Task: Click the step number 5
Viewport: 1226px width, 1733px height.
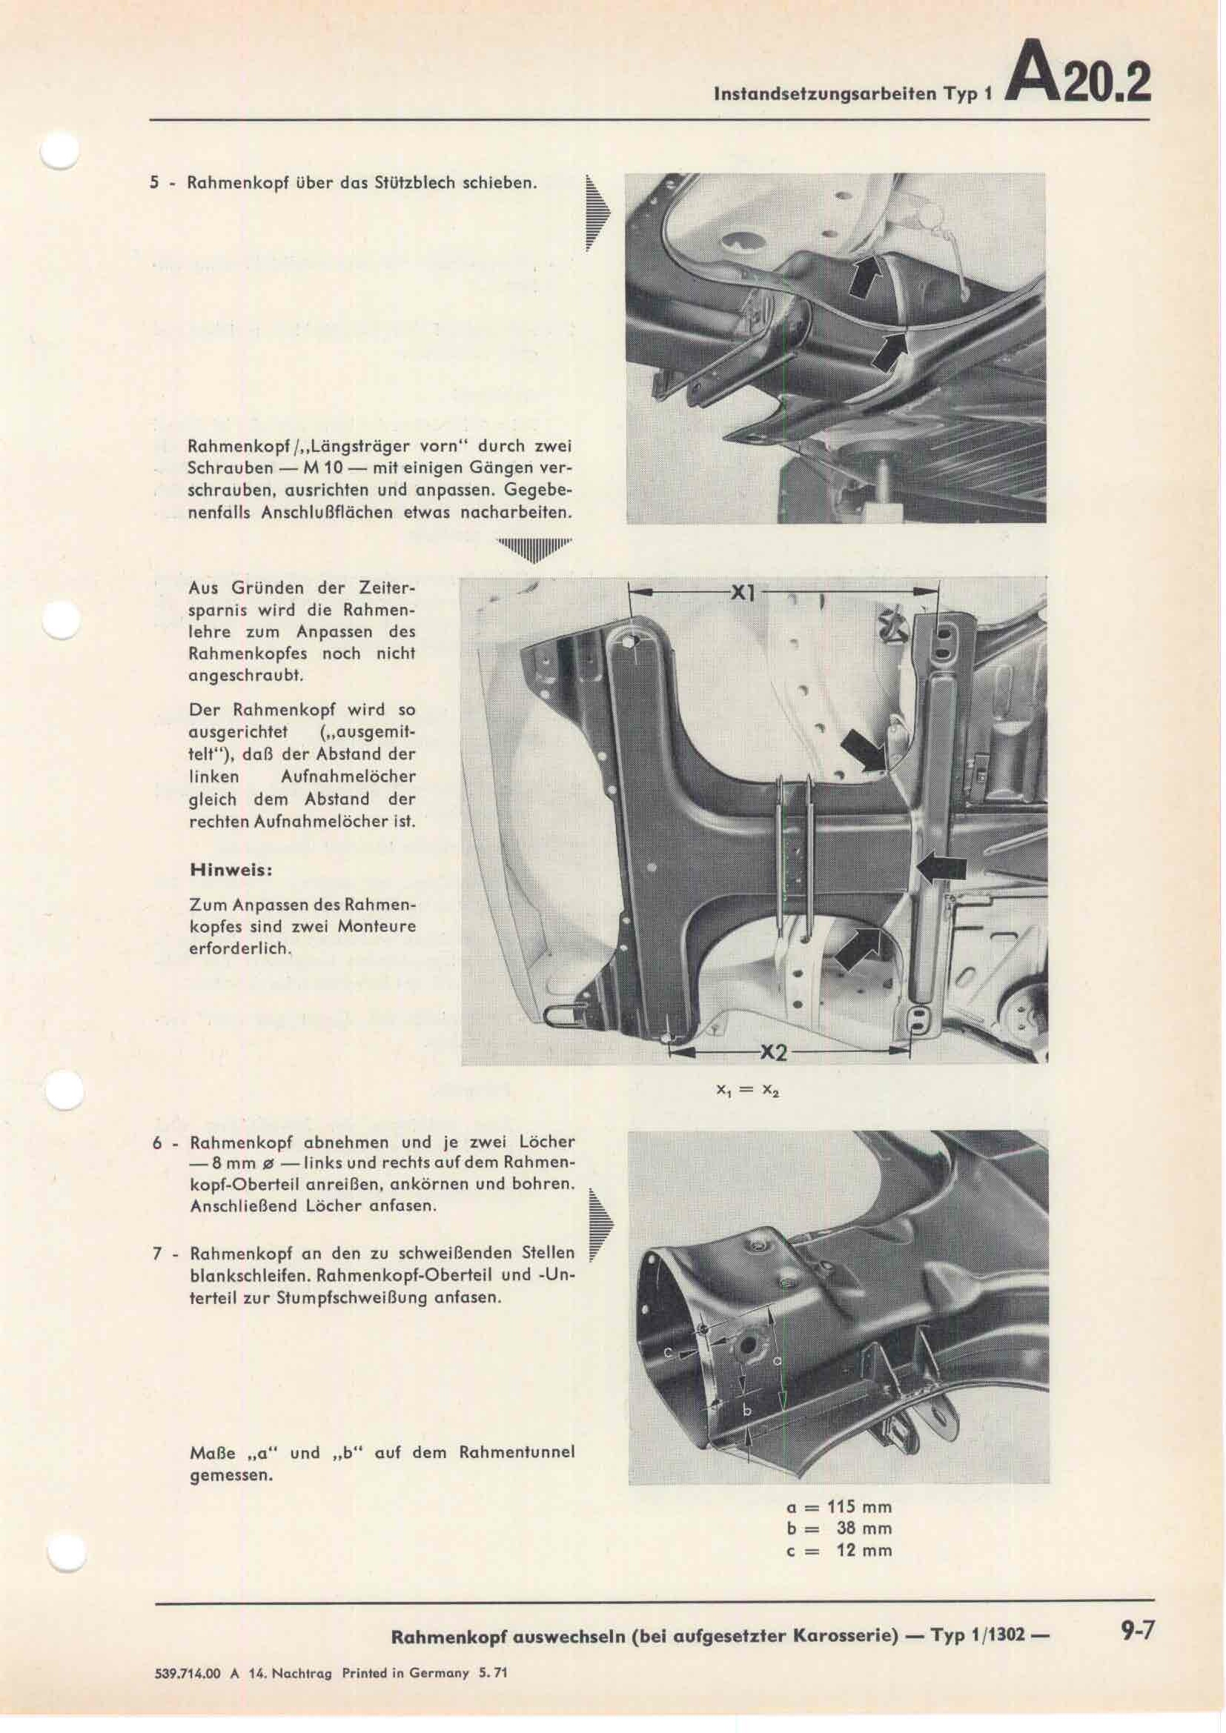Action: click(x=155, y=184)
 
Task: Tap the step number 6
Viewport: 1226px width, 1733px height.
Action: click(x=157, y=1142)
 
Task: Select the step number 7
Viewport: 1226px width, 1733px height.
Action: click(x=157, y=1254)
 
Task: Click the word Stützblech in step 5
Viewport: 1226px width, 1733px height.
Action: click(x=411, y=184)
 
